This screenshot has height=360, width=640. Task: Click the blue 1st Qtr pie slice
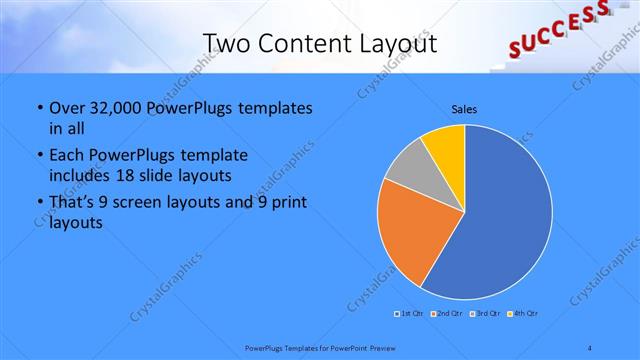point(500,220)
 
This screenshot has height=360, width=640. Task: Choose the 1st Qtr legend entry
point(409,314)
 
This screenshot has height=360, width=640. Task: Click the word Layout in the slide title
point(390,43)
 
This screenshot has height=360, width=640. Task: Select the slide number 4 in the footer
point(590,347)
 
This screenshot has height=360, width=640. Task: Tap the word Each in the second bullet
point(66,156)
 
